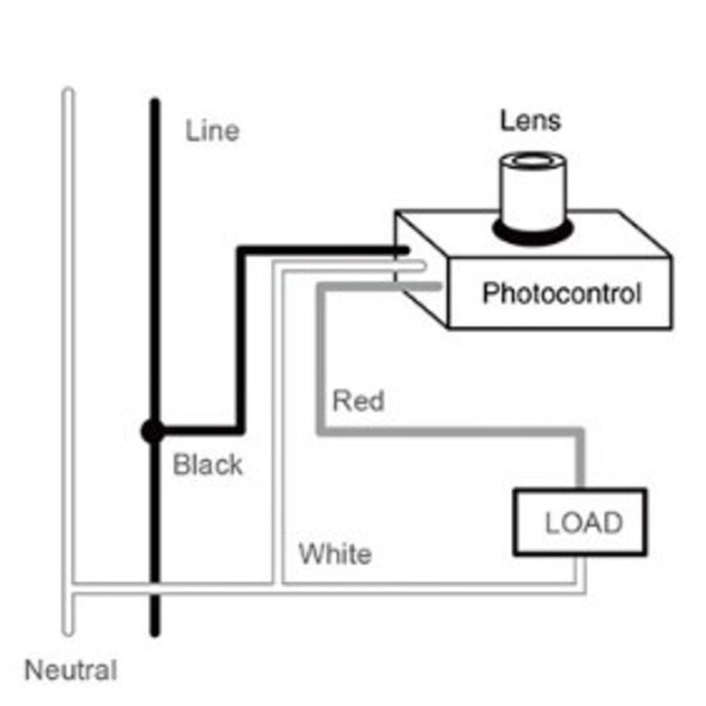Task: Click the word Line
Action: coord(213,131)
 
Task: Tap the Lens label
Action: coord(531,121)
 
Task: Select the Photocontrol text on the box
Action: coord(561,293)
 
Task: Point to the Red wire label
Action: coord(359,402)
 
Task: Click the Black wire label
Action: coord(208,465)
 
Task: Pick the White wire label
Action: coord(335,554)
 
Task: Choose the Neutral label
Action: coord(71,670)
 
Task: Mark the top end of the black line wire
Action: coord(155,103)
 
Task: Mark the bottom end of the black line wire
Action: coord(155,632)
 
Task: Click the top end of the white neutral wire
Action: coord(68,92)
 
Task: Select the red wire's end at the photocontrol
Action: coord(438,286)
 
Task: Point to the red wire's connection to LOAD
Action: coord(581,487)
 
